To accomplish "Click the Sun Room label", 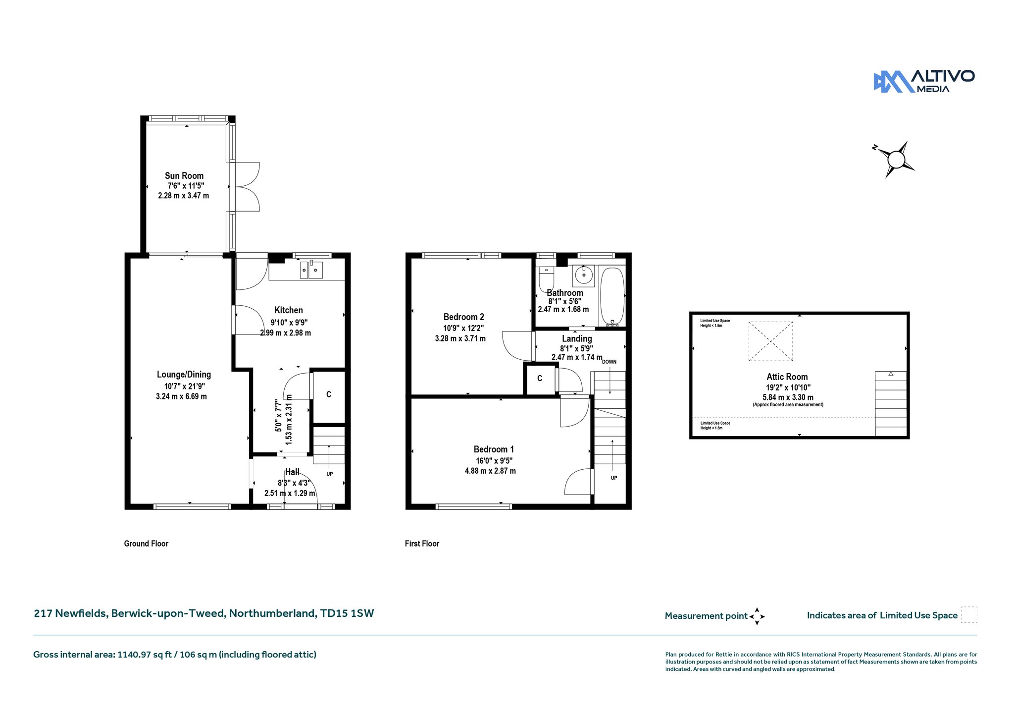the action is [184, 176].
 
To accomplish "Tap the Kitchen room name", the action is [289, 310].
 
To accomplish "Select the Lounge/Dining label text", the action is [184, 375].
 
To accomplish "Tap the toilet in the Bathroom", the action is [546, 278].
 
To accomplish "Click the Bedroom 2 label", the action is [463, 317].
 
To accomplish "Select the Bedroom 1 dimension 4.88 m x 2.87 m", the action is [490, 471].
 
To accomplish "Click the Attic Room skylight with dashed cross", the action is [770, 341].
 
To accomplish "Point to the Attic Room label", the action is [787, 377].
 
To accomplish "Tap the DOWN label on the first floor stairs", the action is [609, 362].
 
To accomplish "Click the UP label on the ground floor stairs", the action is [330, 474].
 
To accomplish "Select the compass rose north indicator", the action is [875, 147].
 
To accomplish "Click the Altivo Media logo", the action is [924, 81].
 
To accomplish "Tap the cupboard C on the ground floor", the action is [329, 395].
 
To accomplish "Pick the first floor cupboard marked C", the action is [540, 379].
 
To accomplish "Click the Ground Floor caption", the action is [146, 544].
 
